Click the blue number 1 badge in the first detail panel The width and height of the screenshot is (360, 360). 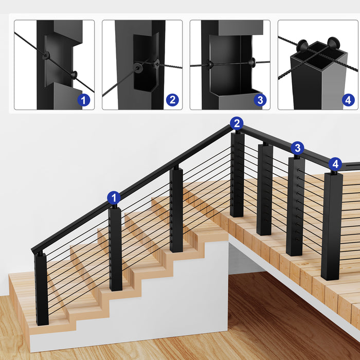(x=84, y=100)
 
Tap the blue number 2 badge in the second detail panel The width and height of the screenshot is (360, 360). (x=172, y=100)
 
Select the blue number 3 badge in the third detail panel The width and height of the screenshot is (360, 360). (x=260, y=100)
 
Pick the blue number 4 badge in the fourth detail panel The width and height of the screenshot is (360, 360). (x=348, y=100)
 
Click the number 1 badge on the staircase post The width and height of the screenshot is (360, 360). (x=114, y=197)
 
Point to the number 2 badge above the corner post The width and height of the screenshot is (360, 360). (x=237, y=123)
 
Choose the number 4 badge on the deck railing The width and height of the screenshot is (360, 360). (x=335, y=164)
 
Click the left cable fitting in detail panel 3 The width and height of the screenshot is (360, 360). (x=210, y=65)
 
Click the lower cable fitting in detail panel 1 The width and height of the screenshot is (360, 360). (x=75, y=75)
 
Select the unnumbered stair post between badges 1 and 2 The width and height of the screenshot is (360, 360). (x=176, y=211)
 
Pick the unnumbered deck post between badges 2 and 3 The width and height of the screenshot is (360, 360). (x=264, y=190)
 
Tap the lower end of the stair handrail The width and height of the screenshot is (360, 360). (x=36, y=249)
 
